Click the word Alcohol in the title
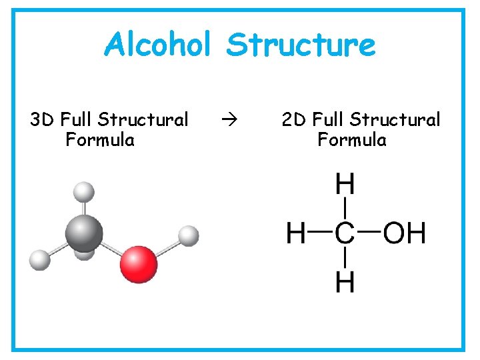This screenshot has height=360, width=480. [x=157, y=45]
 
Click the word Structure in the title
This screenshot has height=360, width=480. [x=301, y=45]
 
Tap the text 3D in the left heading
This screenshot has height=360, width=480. [x=42, y=120]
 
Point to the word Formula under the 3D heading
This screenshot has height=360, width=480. [x=100, y=140]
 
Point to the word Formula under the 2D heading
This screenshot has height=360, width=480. [x=352, y=140]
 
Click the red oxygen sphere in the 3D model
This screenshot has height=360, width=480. [x=139, y=264]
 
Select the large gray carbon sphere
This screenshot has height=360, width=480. [x=84, y=233]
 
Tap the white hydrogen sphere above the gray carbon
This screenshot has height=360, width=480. [x=83, y=192]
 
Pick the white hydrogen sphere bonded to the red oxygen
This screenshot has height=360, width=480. [x=189, y=235]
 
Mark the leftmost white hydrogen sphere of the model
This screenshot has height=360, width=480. [x=40, y=259]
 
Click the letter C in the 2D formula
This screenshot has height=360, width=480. [x=345, y=234]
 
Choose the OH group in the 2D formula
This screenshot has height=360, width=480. [x=404, y=234]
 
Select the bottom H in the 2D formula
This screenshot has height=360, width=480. [x=345, y=282]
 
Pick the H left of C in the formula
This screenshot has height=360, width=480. [x=296, y=234]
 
